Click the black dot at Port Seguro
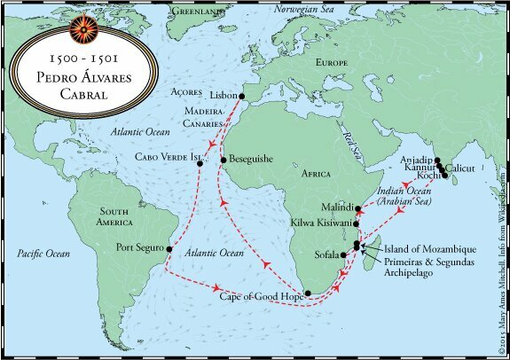point(170,249)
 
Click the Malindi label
point(334,204)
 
